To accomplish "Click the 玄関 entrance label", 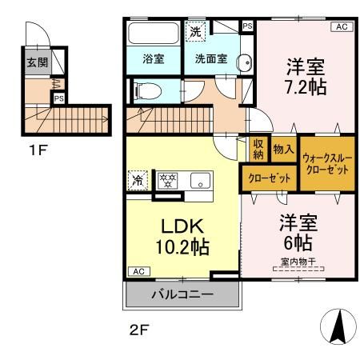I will (35, 63).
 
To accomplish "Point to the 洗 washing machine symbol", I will (196, 32).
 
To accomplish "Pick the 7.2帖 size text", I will (305, 88).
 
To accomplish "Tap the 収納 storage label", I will (258, 150).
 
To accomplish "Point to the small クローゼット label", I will (269, 177).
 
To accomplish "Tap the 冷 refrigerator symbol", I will (139, 181).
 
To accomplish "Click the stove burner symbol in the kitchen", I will (167, 181).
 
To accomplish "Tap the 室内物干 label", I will (296, 262).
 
